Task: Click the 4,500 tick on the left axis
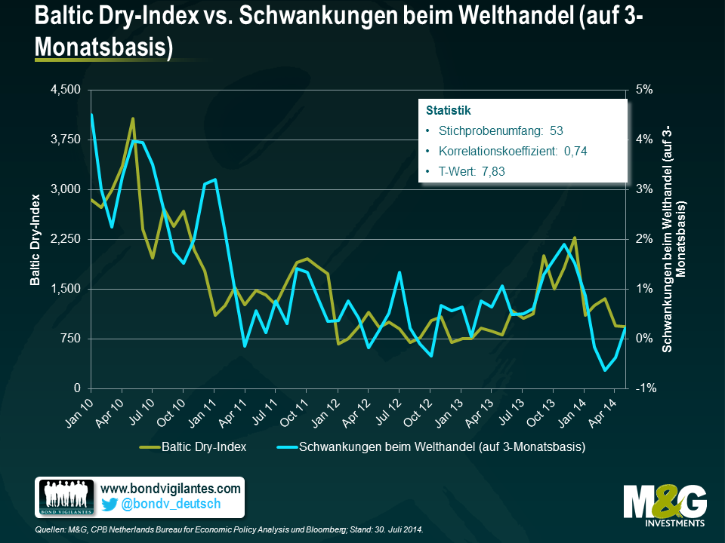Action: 64,90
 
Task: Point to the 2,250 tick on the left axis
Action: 64,239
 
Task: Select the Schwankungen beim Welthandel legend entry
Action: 443,447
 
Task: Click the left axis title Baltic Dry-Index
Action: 35,240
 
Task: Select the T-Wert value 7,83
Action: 492,171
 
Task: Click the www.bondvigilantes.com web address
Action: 170,489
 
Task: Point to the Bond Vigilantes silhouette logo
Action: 66,499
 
